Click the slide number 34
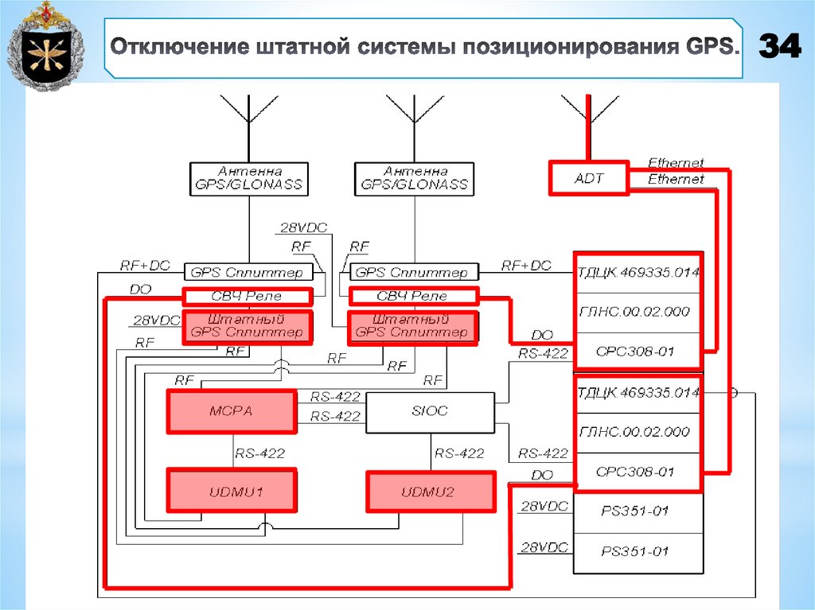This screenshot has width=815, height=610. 779,47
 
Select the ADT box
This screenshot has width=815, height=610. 589,178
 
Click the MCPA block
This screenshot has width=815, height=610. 230,411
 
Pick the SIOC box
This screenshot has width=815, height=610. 430,412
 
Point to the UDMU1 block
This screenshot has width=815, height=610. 231,492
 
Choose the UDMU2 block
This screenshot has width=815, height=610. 430,492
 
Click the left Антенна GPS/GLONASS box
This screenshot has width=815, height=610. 248,178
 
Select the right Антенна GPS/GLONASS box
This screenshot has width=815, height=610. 414,178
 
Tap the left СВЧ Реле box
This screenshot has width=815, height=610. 246,297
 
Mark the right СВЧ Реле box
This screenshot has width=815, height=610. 413,297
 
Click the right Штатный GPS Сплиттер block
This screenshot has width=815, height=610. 413,327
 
